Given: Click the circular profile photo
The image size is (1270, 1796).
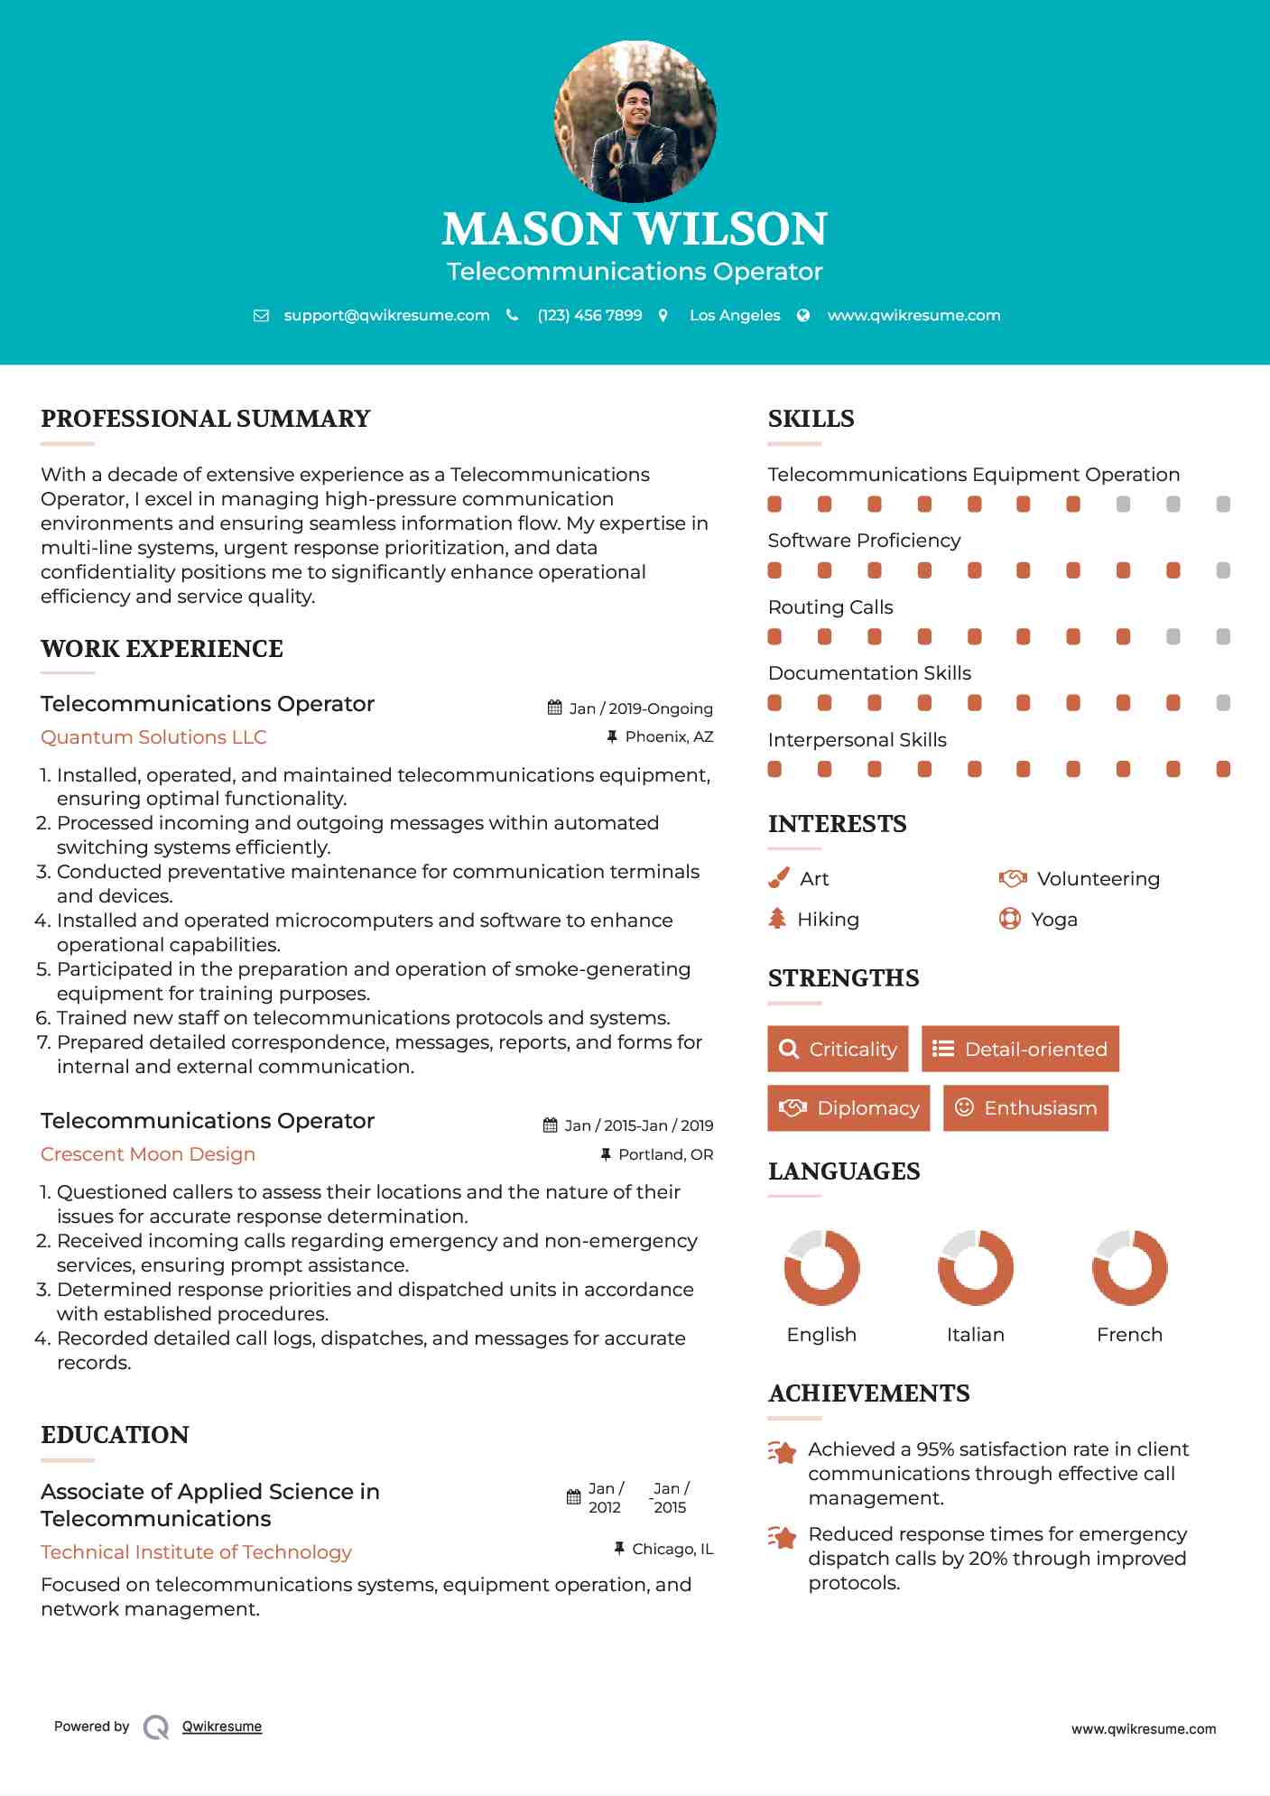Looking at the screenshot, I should (635, 121).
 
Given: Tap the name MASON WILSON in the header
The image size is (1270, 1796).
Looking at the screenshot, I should (635, 229).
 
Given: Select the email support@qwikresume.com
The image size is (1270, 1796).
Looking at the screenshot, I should (386, 316).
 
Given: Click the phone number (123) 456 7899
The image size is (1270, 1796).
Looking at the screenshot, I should (589, 316).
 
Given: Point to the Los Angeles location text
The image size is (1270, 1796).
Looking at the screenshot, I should (735, 316).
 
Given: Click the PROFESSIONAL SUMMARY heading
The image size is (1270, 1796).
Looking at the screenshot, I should (206, 419).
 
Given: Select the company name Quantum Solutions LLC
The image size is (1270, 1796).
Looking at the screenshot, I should (153, 737).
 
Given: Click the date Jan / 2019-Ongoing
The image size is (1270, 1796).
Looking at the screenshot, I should (641, 708).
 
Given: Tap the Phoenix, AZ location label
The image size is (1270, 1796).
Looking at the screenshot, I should (669, 737).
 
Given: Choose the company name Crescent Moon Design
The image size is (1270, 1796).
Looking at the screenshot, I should (148, 1154).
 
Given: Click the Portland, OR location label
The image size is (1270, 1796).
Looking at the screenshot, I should (665, 1154).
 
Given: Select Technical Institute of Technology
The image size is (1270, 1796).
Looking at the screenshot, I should (196, 1552).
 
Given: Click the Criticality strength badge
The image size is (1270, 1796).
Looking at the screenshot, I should (838, 1049).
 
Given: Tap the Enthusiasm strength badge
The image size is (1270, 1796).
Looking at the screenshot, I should (1025, 1108).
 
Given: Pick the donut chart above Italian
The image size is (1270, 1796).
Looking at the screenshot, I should (976, 1267).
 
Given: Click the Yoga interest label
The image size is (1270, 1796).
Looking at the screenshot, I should (1054, 920).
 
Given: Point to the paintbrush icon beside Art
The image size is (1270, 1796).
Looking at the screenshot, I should (778, 878).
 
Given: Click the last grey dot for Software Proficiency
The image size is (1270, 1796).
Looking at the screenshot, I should (1223, 570).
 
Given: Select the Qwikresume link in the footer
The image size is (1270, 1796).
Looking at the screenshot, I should (222, 1727).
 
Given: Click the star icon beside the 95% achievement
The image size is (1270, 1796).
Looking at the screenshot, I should (783, 1452).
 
